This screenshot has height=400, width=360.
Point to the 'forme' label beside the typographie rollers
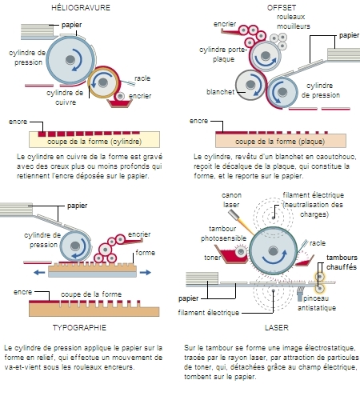click(x=145, y=250)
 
